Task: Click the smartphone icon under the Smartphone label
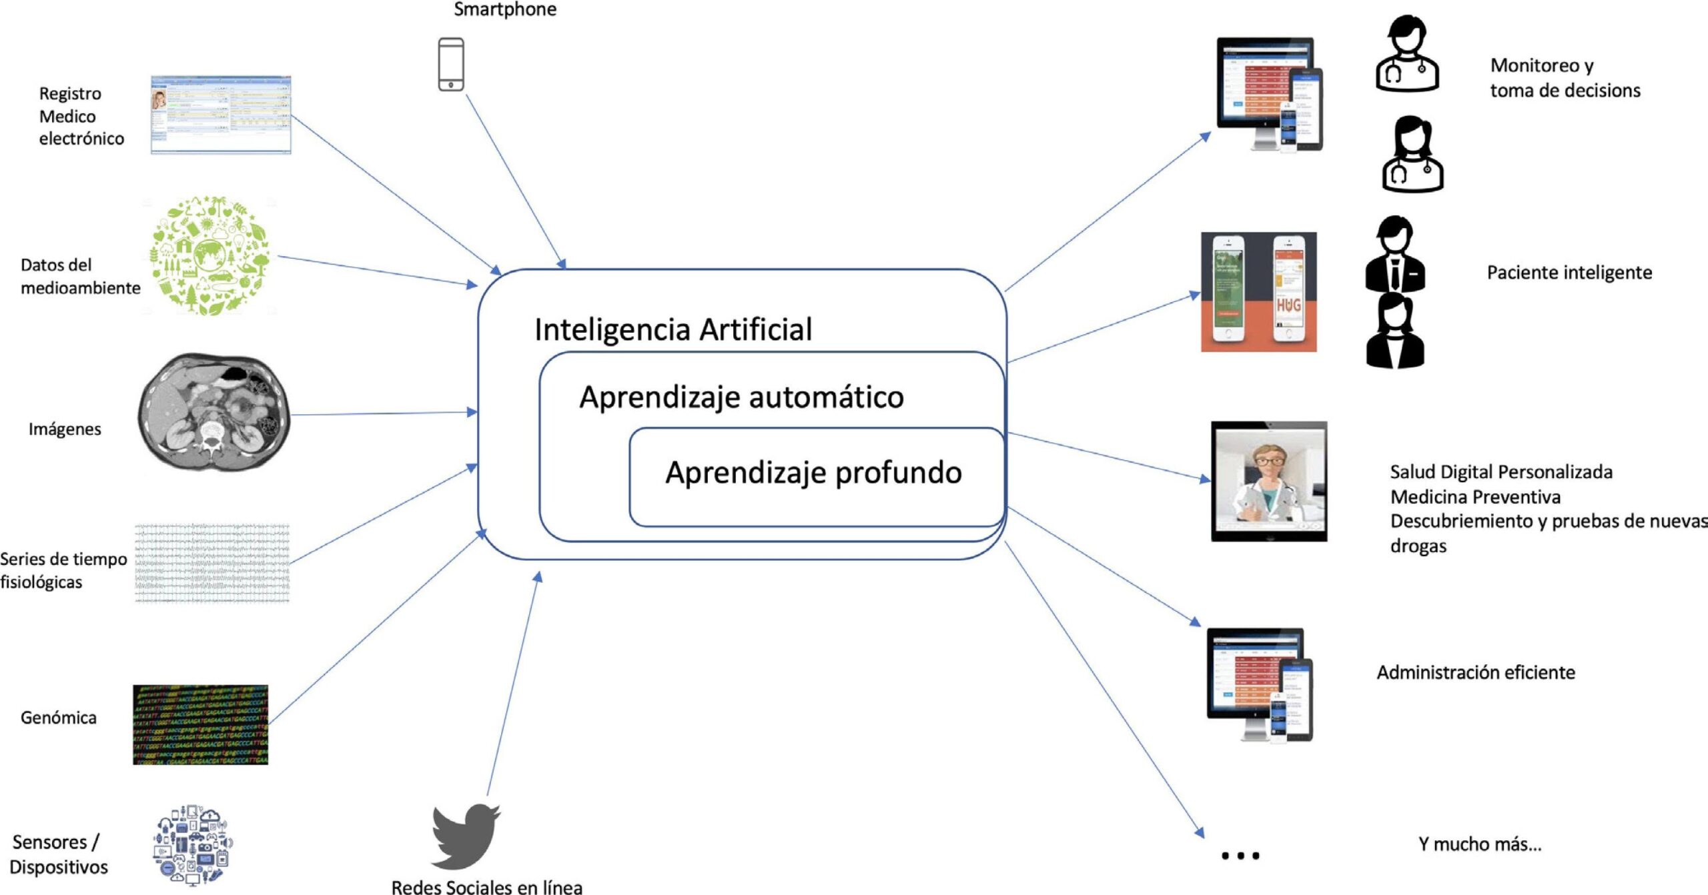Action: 451,64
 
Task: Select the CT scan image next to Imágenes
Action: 213,411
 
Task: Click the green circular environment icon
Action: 209,255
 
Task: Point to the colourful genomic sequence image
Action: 200,724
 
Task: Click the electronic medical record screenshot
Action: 221,115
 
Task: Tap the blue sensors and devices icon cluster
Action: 193,844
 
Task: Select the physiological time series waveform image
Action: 212,564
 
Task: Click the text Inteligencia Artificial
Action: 673,329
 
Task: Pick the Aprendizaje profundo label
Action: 813,473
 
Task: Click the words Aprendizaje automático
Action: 741,397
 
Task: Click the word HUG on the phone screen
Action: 1288,305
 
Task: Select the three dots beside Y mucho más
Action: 1240,855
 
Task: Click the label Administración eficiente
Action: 1476,672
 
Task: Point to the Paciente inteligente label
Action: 1569,273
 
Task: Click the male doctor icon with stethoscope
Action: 1406,55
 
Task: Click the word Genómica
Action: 59,718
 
